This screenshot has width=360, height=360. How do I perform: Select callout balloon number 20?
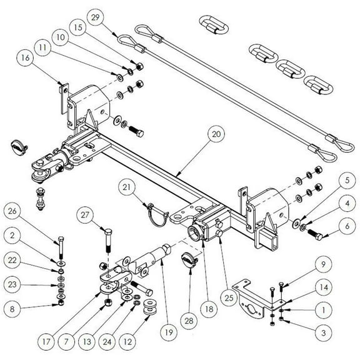click(216, 134)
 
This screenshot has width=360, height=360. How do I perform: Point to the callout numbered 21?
click(127, 188)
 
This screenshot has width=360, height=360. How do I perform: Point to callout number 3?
click(322, 334)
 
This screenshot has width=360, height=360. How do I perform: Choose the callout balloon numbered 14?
click(322, 287)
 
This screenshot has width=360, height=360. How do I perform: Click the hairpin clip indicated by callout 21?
click(156, 214)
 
